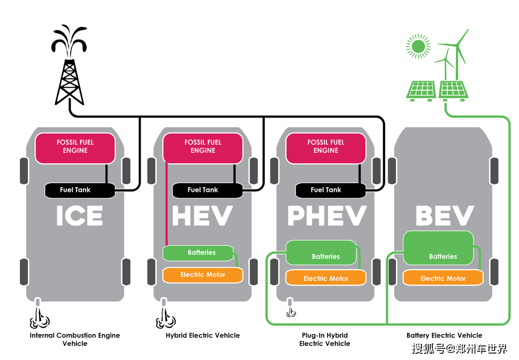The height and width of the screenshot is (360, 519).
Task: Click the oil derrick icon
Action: click(69, 66)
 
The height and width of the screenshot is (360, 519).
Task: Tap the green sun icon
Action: click(418, 46)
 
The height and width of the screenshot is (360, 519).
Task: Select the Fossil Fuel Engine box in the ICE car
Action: click(75, 148)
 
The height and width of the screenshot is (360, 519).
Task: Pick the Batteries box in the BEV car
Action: click(438, 248)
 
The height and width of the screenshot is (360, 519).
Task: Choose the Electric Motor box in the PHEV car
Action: click(326, 278)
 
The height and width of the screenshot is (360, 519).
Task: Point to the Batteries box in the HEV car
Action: click(198, 253)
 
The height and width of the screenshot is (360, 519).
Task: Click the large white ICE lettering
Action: click(79, 216)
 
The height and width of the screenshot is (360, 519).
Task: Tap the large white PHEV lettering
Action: click(327, 216)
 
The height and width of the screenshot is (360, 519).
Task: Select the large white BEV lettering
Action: click(445, 216)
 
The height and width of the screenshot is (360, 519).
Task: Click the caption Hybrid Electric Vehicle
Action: click(202, 336)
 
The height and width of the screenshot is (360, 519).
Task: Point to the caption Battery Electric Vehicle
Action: click(444, 336)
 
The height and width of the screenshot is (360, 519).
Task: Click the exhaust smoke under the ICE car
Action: click(39, 319)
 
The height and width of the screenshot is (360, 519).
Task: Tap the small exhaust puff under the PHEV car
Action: click(291, 312)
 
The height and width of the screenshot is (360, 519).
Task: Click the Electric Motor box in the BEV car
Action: click(443, 278)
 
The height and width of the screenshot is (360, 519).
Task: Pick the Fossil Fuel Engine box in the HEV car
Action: click(203, 148)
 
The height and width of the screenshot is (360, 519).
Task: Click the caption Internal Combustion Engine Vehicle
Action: click(75, 339)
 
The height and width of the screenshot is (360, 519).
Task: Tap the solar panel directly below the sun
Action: click(421, 91)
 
